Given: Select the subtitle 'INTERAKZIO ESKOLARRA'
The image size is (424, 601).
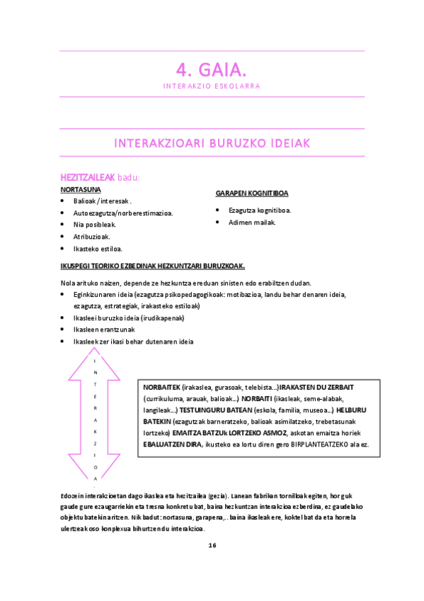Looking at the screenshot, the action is tap(212, 86).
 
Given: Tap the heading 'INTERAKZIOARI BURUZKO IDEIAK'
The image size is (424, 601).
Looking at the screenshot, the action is tap(212, 143).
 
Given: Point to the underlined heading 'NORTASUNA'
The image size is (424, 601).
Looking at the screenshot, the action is tap(81, 190).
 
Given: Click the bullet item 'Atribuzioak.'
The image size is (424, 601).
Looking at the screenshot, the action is tap(91, 237).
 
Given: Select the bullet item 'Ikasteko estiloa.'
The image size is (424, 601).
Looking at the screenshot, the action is tap(98, 249).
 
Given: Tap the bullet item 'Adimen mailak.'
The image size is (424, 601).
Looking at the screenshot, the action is tap(252, 222).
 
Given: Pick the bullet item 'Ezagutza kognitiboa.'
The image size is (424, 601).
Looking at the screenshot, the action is tap(260, 210).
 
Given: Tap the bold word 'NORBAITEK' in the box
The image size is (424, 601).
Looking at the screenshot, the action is tap(161, 388).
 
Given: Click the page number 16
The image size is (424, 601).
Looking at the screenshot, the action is tap(212, 545).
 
